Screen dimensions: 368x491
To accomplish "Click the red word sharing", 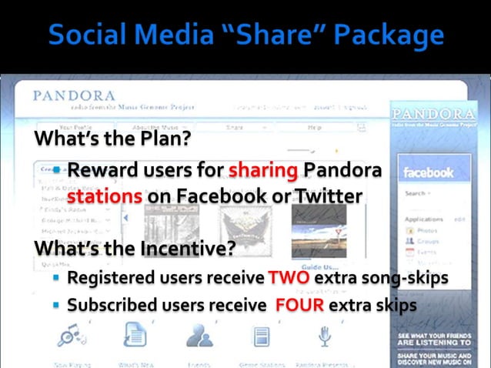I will pyautogui.click(x=264, y=170).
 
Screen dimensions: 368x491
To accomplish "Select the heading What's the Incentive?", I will pyautogui.click(x=134, y=249).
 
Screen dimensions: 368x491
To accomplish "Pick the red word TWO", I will pyautogui.click(x=289, y=277).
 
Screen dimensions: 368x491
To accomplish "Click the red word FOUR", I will pyautogui.click(x=299, y=305).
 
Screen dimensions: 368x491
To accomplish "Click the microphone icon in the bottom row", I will pyautogui.click(x=324, y=336).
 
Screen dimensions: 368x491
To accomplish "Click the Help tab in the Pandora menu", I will pyautogui.click(x=314, y=127).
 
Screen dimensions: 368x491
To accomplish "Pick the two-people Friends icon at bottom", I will pyautogui.click(x=197, y=336).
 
